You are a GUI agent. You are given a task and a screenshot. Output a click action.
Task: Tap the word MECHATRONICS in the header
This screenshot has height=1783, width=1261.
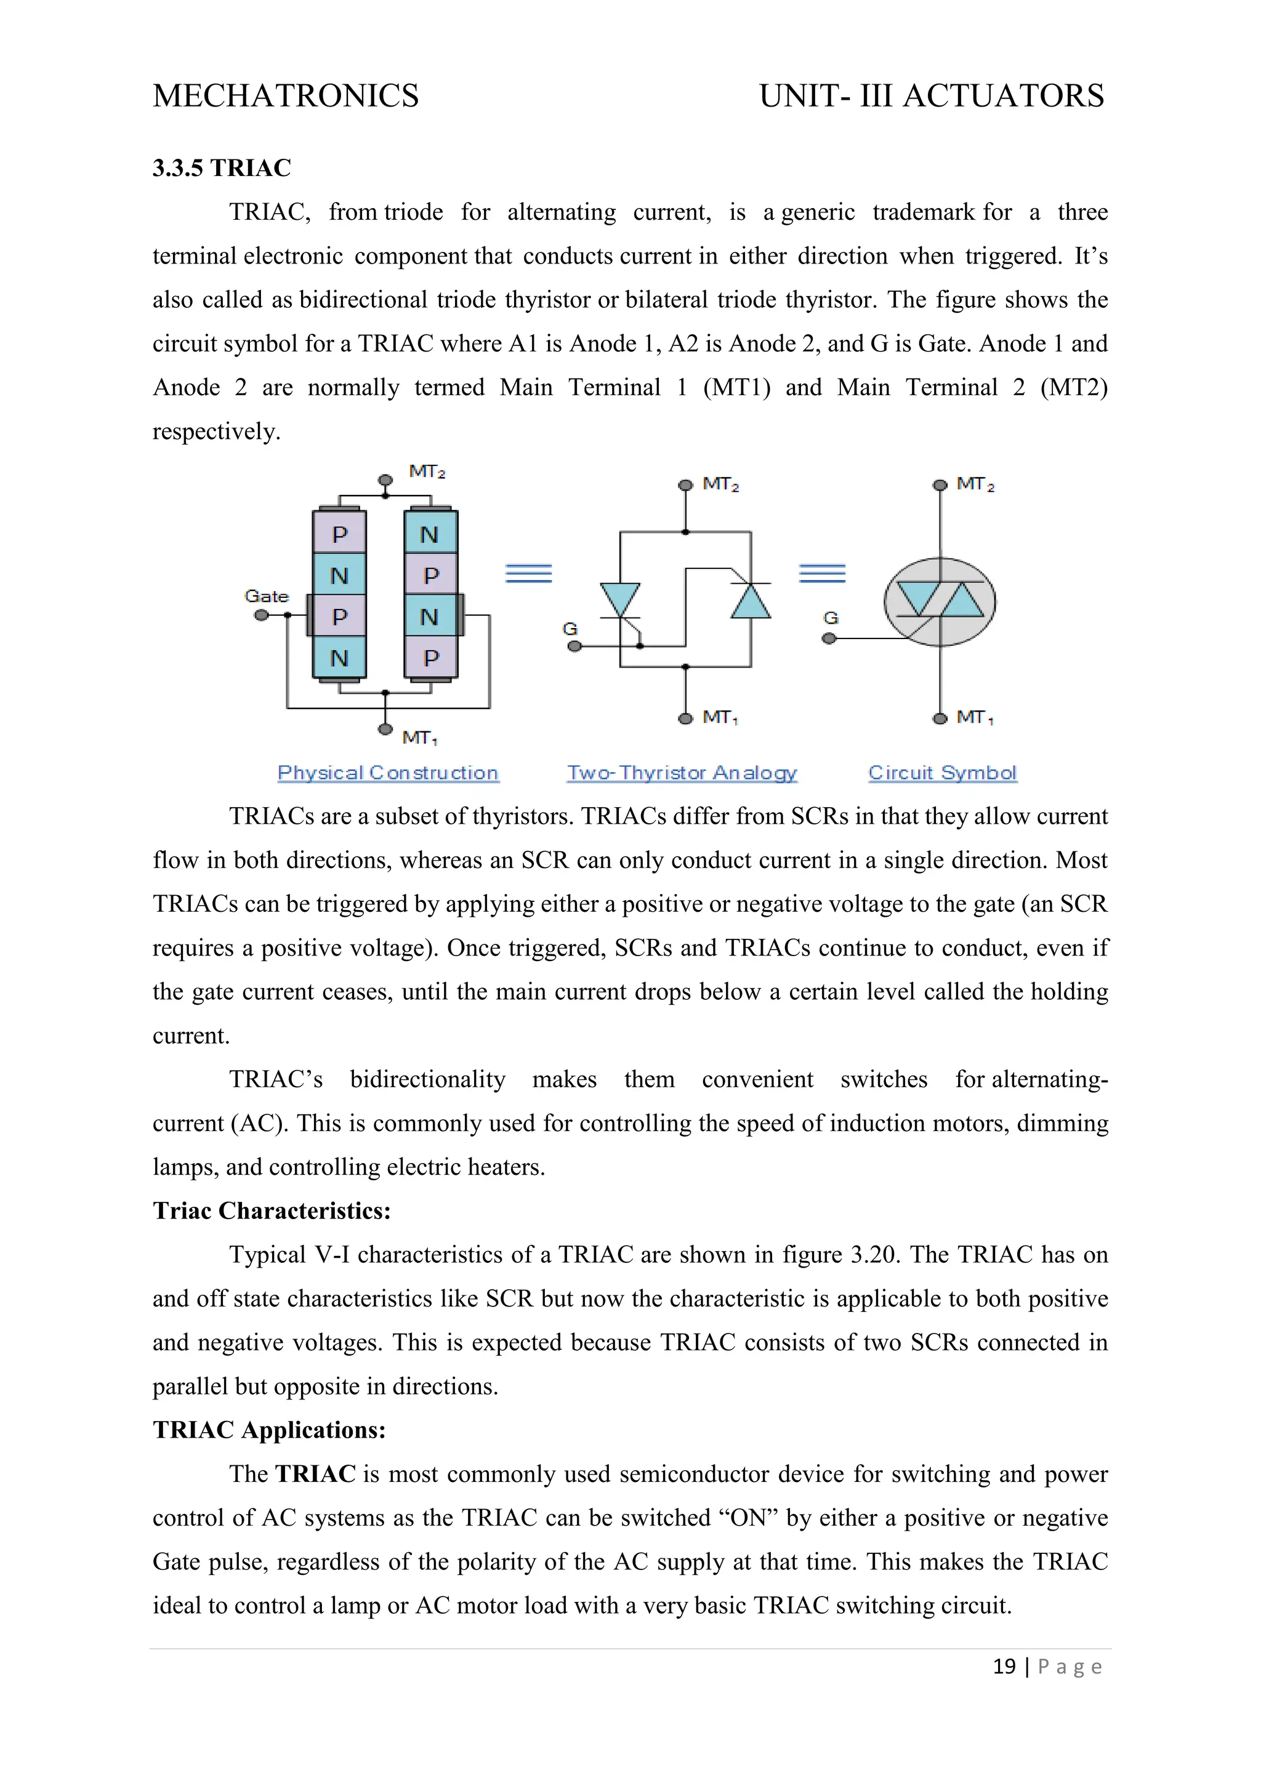click(286, 95)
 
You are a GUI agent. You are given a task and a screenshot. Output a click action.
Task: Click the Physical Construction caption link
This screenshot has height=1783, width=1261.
click(387, 773)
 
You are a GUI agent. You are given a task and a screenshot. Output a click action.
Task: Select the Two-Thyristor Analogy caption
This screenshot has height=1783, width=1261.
click(682, 773)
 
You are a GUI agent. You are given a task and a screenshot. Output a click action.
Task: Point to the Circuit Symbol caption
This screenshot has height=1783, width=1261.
click(942, 773)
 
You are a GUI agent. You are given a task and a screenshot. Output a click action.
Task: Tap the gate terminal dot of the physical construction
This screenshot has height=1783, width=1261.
click(262, 615)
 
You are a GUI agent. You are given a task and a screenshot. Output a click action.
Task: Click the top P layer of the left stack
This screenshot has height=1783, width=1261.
click(339, 534)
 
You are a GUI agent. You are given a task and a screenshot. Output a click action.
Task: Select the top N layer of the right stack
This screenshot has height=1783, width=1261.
click(430, 534)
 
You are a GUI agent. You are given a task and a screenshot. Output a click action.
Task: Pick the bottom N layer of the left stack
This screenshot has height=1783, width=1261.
click(339, 658)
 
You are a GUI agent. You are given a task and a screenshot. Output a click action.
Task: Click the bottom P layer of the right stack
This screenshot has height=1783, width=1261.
click(430, 658)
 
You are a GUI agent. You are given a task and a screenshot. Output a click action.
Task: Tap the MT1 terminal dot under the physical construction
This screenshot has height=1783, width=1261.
click(385, 729)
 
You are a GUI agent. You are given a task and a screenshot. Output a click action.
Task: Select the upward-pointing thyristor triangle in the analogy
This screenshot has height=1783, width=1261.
click(751, 601)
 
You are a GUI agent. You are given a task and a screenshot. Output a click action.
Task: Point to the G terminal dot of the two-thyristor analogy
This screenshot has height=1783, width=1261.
click(574, 646)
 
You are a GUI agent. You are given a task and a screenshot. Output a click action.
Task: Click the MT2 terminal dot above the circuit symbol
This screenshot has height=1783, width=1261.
click(940, 485)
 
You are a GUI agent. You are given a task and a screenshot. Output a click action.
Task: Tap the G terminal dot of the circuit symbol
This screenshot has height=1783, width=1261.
click(829, 638)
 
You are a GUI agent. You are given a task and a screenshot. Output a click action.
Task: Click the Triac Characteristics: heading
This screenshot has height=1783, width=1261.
click(272, 1210)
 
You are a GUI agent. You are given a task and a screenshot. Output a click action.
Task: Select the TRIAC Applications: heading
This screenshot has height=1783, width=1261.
click(268, 1430)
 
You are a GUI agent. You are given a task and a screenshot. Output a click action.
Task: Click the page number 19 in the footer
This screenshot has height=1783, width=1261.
click(1004, 1666)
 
